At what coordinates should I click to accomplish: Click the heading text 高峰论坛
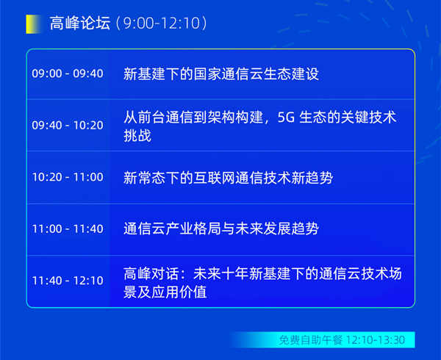click(x=80, y=23)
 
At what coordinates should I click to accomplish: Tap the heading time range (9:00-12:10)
click(x=162, y=23)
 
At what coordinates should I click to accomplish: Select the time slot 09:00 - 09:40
click(x=68, y=73)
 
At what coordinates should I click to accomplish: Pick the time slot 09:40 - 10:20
click(x=68, y=126)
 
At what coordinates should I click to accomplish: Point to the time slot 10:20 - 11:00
click(x=68, y=177)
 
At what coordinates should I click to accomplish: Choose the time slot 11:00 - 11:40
click(x=68, y=228)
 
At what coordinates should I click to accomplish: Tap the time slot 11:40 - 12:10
click(x=68, y=281)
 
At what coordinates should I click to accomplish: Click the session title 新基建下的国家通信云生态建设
click(x=221, y=74)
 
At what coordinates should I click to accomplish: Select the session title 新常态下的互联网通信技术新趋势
click(x=228, y=178)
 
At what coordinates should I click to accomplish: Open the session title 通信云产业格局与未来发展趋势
click(x=221, y=228)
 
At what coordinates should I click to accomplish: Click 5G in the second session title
click(x=286, y=118)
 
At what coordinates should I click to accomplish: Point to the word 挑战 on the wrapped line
click(x=137, y=136)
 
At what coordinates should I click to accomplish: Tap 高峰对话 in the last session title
click(x=151, y=273)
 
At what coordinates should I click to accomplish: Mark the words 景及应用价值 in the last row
click(x=165, y=292)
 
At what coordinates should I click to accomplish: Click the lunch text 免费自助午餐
click(x=311, y=340)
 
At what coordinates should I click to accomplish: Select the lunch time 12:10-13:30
click(x=375, y=340)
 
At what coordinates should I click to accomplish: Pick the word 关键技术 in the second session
click(x=368, y=118)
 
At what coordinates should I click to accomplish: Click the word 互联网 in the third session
click(x=214, y=178)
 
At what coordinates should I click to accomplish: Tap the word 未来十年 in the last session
click(x=221, y=273)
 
